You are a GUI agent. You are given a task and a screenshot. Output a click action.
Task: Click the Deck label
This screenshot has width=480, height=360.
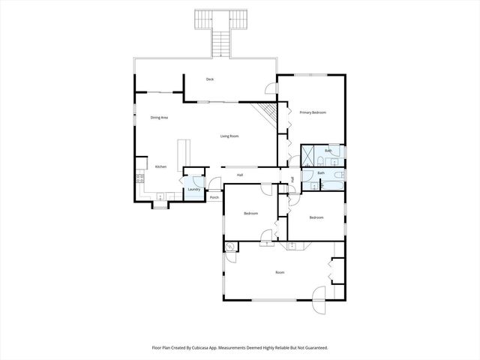[x=211, y=79]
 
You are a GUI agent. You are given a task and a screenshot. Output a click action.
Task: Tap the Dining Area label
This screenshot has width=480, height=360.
[x=158, y=118]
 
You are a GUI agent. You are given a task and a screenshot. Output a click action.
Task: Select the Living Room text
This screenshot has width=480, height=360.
[x=229, y=136]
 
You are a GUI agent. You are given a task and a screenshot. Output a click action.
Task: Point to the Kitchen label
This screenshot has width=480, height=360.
[x=160, y=166]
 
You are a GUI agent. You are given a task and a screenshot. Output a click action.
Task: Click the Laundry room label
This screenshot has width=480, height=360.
[x=193, y=190]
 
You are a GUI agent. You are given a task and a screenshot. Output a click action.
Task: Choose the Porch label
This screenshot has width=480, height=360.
[x=214, y=197]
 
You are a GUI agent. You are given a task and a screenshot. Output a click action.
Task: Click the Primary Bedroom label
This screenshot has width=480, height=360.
[x=313, y=112]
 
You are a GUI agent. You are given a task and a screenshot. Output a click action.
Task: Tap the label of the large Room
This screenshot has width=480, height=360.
[x=280, y=272]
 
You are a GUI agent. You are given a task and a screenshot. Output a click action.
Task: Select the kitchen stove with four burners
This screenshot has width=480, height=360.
[x=139, y=178]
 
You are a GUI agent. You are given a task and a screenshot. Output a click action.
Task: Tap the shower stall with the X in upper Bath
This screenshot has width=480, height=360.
[x=307, y=156]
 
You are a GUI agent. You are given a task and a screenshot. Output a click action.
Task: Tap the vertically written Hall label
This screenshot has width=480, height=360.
[x=292, y=178]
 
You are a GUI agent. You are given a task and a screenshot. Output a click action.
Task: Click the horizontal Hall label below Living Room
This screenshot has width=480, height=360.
[x=240, y=175]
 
